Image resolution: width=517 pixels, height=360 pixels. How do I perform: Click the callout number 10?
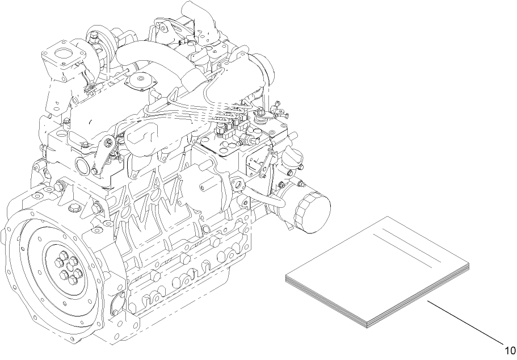click(x=510, y=350)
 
